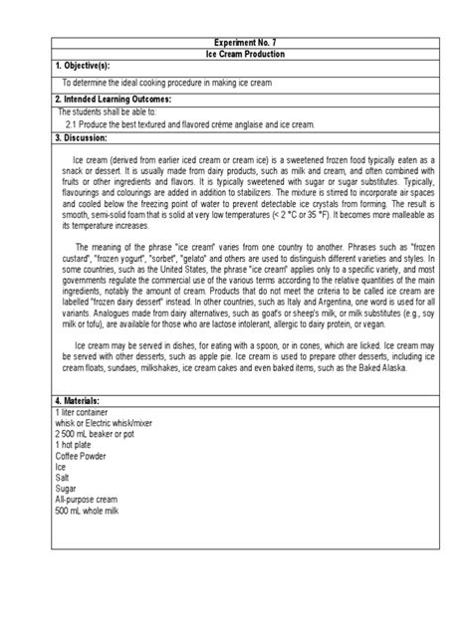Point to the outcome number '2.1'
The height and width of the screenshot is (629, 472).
coord(70,126)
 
